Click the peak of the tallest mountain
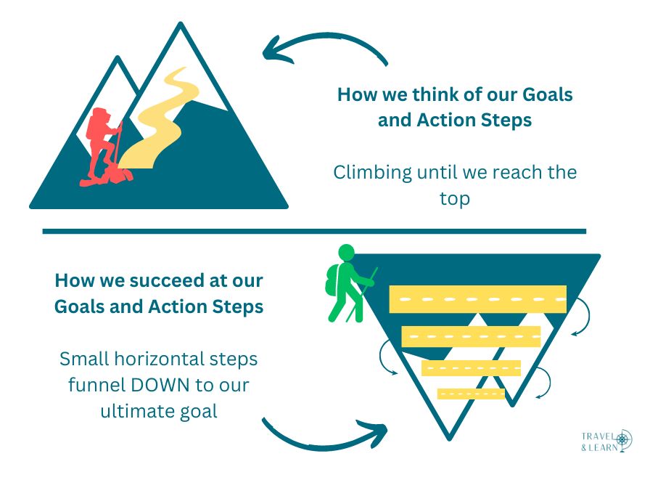[x=181, y=23]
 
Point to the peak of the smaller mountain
[x=118, y=57]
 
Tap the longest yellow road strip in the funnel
[x=477, y=299]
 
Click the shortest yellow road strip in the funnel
[x=471, y=394]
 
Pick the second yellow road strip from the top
[x=471, y=336]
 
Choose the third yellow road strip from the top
[x=471, y=368]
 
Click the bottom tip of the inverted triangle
[x=449, y=439]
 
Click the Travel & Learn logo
[x=606, y=441]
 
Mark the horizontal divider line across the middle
[x=314, y=231]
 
